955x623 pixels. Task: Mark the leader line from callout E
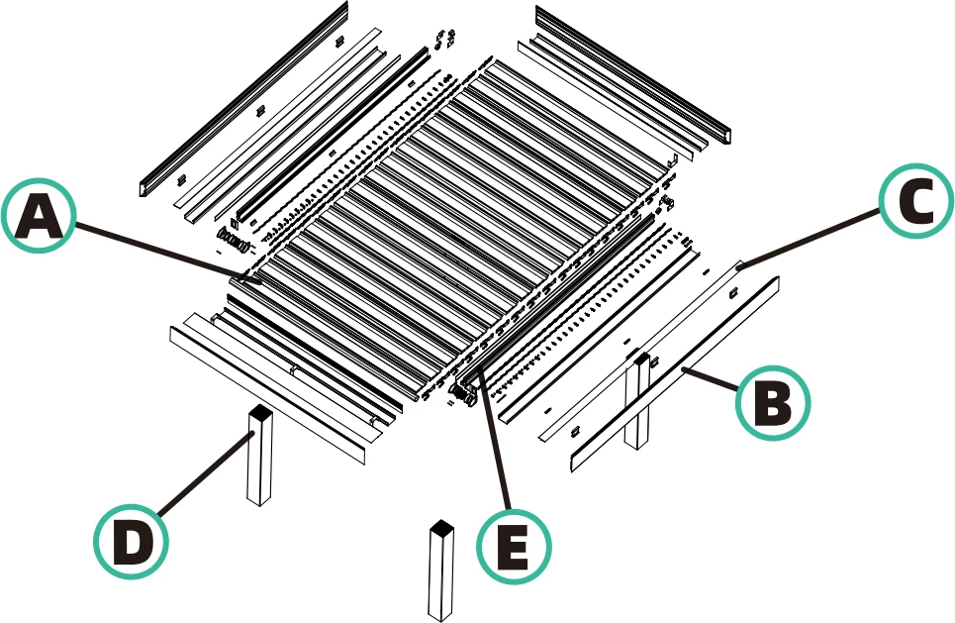click(x=495, y=446)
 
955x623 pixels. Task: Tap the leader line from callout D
click(x=203, y=477)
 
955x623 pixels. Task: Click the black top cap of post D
click(x=259, y=412)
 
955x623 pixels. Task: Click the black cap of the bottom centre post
click(x=440, y=526)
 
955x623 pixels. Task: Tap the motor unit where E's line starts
click(x=464, y=394)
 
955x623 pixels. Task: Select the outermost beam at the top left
click(x=242, y=99)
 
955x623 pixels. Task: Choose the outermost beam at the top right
click(x=633, y=74)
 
